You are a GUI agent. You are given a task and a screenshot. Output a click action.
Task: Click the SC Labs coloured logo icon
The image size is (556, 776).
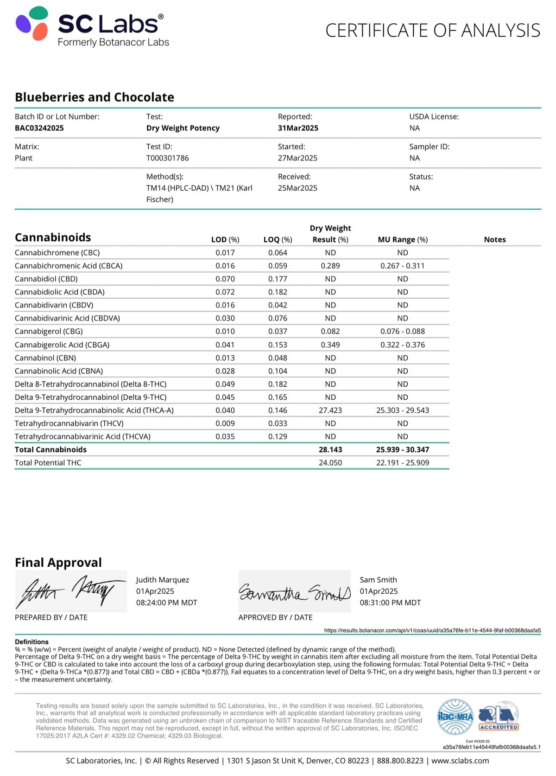pos(32,23)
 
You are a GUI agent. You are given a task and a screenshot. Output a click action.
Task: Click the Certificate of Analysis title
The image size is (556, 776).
pos(433,31)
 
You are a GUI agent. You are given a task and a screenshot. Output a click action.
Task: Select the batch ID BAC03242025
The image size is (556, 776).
pos(39,128)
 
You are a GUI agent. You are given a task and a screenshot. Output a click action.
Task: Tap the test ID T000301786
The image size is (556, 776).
pos(168,158)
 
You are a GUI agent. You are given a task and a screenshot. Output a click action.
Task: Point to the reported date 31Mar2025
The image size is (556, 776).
pos(298,128)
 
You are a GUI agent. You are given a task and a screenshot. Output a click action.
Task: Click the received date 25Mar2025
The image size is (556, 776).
pos(297,188)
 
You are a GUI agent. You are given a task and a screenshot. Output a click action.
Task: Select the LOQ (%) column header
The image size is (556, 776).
pos(278,240)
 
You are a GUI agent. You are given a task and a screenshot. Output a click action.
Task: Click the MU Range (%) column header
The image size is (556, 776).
pos(403,240)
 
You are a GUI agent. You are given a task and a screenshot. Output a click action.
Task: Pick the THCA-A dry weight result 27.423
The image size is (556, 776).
pos(330,410)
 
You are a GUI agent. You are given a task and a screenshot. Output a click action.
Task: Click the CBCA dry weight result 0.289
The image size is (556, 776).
pos(330,266)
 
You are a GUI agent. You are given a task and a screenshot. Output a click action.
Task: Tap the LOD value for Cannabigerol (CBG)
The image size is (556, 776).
pos(225,332)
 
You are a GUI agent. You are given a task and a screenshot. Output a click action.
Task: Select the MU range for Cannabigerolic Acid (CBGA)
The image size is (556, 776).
pos(403,345)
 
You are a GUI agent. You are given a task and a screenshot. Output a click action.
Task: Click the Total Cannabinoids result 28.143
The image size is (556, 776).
pos(330,450)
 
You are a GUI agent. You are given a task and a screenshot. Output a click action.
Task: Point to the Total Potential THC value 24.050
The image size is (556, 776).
pos(330,463)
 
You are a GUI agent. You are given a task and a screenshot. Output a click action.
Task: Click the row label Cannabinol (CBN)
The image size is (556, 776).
pos(45,358)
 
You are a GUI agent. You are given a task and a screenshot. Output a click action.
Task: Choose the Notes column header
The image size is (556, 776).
pos(495,240)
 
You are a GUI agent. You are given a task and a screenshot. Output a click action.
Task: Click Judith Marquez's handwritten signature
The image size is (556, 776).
pos(70,591)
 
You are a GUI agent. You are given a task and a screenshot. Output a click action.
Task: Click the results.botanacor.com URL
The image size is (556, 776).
pos(432,631)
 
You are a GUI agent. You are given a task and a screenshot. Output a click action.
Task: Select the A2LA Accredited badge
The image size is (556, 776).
pos(498,717)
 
